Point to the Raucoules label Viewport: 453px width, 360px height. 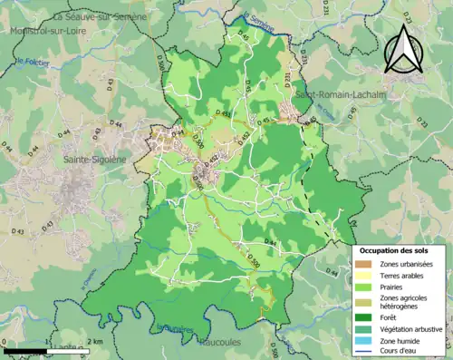pos(223,344)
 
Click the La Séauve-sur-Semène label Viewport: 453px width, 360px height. pos(100,16)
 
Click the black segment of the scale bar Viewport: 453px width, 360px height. pos(25,350)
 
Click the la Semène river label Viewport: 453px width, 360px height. pos(257,18)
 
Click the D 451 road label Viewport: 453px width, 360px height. pos(222,114)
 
